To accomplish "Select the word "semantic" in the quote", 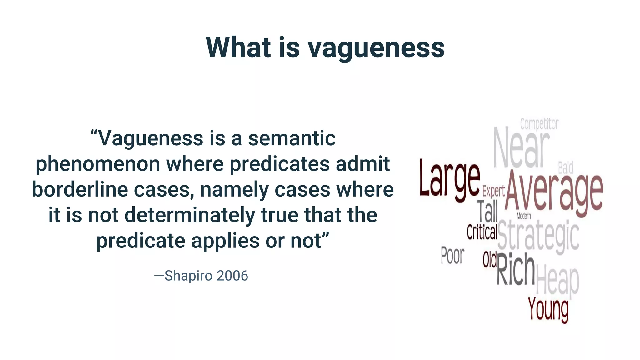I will (292, 138).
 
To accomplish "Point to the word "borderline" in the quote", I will (80, 190).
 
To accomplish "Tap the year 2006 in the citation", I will (232, 276).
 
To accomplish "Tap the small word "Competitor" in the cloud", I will (539, 124).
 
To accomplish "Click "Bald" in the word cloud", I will (566, 168).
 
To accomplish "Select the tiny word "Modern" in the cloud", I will (524, 216).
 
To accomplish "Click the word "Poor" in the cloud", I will (452, 255).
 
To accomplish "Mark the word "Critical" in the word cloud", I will (482, 232).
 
